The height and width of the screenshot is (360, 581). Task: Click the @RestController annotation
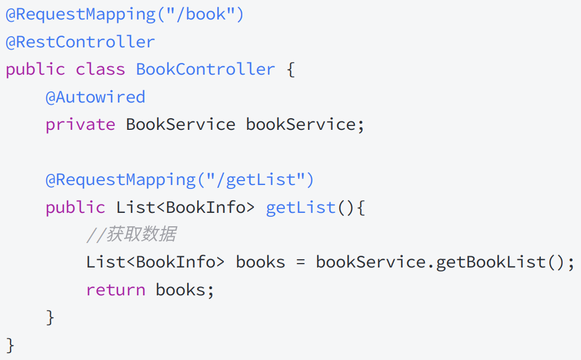[x=80, y=42]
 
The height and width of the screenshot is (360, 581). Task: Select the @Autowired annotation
[x=95, y=97]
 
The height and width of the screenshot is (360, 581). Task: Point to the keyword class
[x=100, y=70]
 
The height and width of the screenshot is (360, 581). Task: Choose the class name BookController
[x=206, y=70]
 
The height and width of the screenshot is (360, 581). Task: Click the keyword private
[x=80, y=124]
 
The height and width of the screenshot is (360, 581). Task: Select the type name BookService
[x=180, y=124]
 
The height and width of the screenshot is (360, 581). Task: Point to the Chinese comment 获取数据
[x=141, y=235]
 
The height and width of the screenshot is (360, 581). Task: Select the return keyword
[x=115, y=290]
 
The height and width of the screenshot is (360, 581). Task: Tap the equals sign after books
[x=301, y=262]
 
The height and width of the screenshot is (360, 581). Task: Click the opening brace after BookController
[x=290, y=70]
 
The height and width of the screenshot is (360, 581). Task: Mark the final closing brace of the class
[x=10, y=345]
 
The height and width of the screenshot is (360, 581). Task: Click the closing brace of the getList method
[x=51, y=318]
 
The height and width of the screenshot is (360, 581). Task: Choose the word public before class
[x=35, y=70]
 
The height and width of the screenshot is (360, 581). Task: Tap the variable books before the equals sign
[x=261, y=262]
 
